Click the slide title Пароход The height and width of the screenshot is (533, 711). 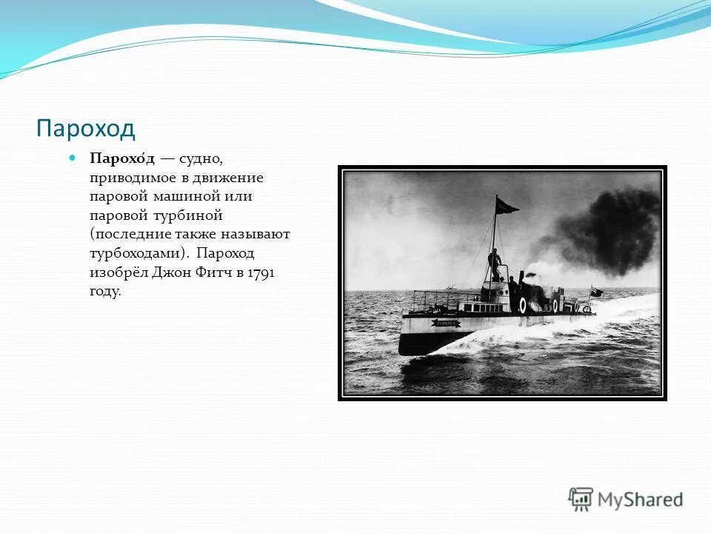pyautogui.click(x=86, y=128)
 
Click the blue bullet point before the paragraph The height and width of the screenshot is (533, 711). pyautogui.click(x=72, y=158)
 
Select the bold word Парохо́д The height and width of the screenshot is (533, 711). pyautogui.click(x=122, y=159)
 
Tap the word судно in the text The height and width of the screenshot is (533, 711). pyautogui.click(x=201, y=159)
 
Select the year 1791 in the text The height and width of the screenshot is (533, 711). pyautogui.click(x=261, y=272)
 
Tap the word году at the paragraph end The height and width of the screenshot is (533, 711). pyautogui.click(x=104, y=291)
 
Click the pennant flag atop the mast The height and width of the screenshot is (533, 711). pyautogui.click(x=507, y=205)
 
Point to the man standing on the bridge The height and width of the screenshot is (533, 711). pyautogui.click(x=495, y=265)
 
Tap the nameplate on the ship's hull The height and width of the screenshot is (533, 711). pyautogui.click(x=447, y=323)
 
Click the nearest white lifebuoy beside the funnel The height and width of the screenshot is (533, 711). pyautogui.click(x=523, y=305)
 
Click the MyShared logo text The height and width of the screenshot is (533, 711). pyautogui.click(x=640, y=500)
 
